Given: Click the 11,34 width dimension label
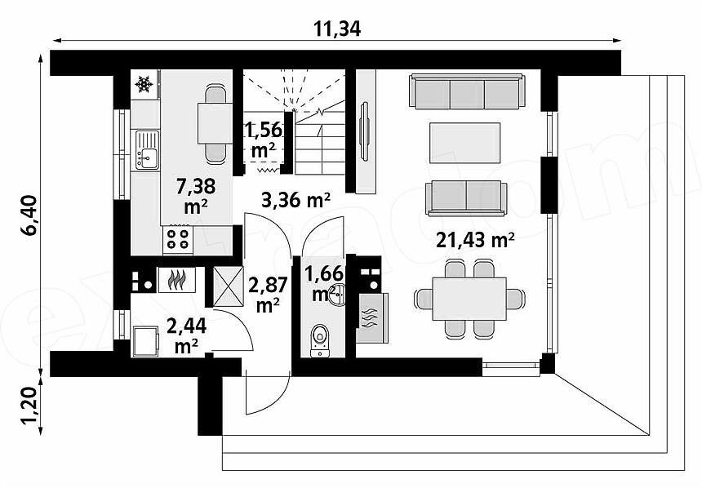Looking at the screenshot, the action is (336, 29).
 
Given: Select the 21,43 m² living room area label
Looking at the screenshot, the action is (475, 241).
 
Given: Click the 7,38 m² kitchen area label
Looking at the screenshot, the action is (196, 196).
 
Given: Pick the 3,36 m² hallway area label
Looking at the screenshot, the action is (296, 200).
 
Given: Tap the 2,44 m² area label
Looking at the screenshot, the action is (186, 335).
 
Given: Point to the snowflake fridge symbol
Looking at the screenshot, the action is (144, 84).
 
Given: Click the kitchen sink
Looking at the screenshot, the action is (146, 150).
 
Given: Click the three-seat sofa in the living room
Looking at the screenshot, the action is (467, 91).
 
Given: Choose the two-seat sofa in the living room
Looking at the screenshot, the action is (467, 197).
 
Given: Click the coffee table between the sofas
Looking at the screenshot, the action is (464, 143).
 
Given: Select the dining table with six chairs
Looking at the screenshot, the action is (469, 298).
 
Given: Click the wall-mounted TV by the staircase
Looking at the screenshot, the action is (364, 131).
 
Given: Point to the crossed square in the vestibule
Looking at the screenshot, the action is (228, 286).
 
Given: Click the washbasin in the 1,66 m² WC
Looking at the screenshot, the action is (336, 295).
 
